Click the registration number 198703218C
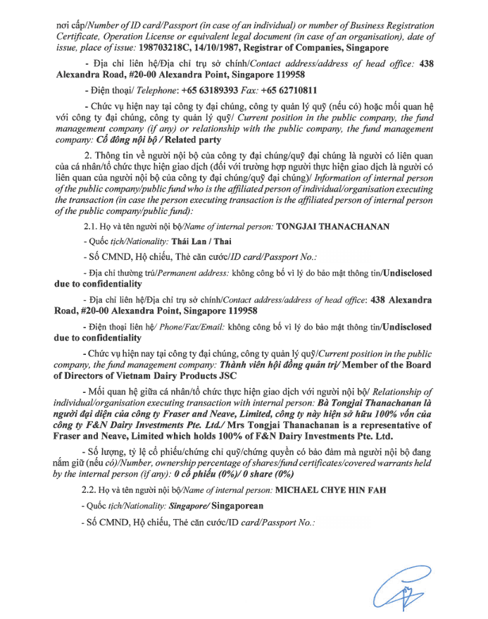(168, 49)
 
